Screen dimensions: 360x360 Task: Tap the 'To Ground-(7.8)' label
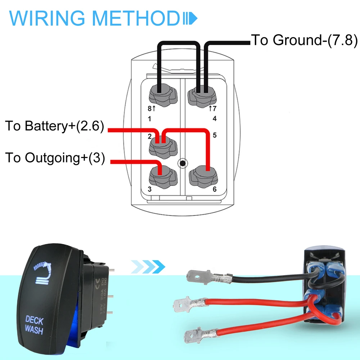click(x=304, y=40)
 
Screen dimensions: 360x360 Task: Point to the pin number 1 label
click(x=150, y=118)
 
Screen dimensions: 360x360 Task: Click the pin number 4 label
click(x=214, y=118)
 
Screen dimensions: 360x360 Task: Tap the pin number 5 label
click(x=214, y=136)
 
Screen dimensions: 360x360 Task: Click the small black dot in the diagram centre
click(x=183, y=164)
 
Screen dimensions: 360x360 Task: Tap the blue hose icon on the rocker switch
click(x=44, y=274)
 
